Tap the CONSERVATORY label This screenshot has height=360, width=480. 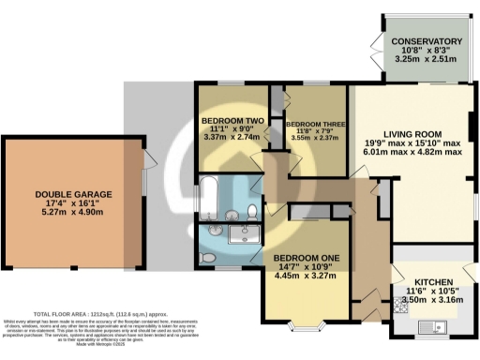pos(427,42)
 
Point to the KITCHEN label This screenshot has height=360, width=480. pos(434,283)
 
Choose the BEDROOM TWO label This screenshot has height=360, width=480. pos(229,119)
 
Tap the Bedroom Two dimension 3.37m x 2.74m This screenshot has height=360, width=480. pos(229,137)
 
